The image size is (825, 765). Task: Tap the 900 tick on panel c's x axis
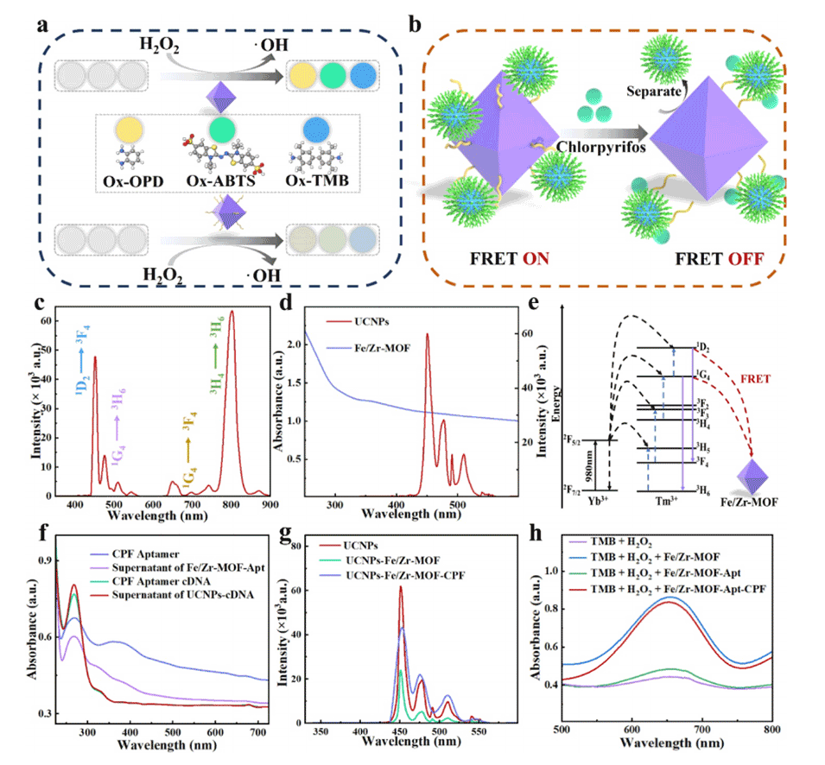[270, 505]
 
